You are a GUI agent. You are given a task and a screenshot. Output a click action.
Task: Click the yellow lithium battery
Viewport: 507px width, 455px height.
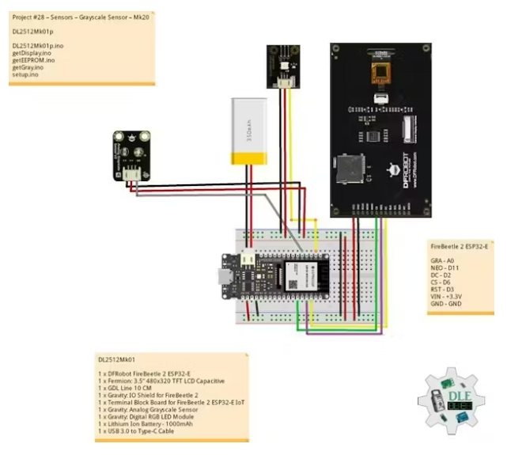tap(248, 131)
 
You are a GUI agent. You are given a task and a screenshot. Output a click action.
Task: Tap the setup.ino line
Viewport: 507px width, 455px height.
tap(26, 75)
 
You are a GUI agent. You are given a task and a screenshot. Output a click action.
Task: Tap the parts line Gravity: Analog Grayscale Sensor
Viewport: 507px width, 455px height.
tap(150, 409)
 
